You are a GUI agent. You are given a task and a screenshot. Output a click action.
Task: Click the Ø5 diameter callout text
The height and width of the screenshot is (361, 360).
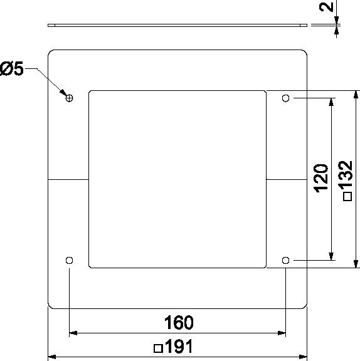12,68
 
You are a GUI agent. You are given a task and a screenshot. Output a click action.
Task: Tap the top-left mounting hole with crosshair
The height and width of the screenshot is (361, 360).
70,98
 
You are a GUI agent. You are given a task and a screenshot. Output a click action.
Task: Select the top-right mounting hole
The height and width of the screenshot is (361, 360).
285,98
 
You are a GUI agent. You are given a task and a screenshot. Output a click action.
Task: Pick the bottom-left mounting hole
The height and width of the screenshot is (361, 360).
70,260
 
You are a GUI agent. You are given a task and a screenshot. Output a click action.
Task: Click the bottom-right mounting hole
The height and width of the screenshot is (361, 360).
285,260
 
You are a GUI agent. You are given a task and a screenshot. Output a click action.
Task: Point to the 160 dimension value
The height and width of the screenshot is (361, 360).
179,323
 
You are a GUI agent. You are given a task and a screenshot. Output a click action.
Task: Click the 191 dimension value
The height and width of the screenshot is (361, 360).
179,346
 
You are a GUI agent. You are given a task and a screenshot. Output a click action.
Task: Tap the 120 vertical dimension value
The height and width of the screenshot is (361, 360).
321,178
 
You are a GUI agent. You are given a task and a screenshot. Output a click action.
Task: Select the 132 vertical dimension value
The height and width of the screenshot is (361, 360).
346,174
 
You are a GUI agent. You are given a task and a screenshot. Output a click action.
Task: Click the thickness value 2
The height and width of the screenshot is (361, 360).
327,7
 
